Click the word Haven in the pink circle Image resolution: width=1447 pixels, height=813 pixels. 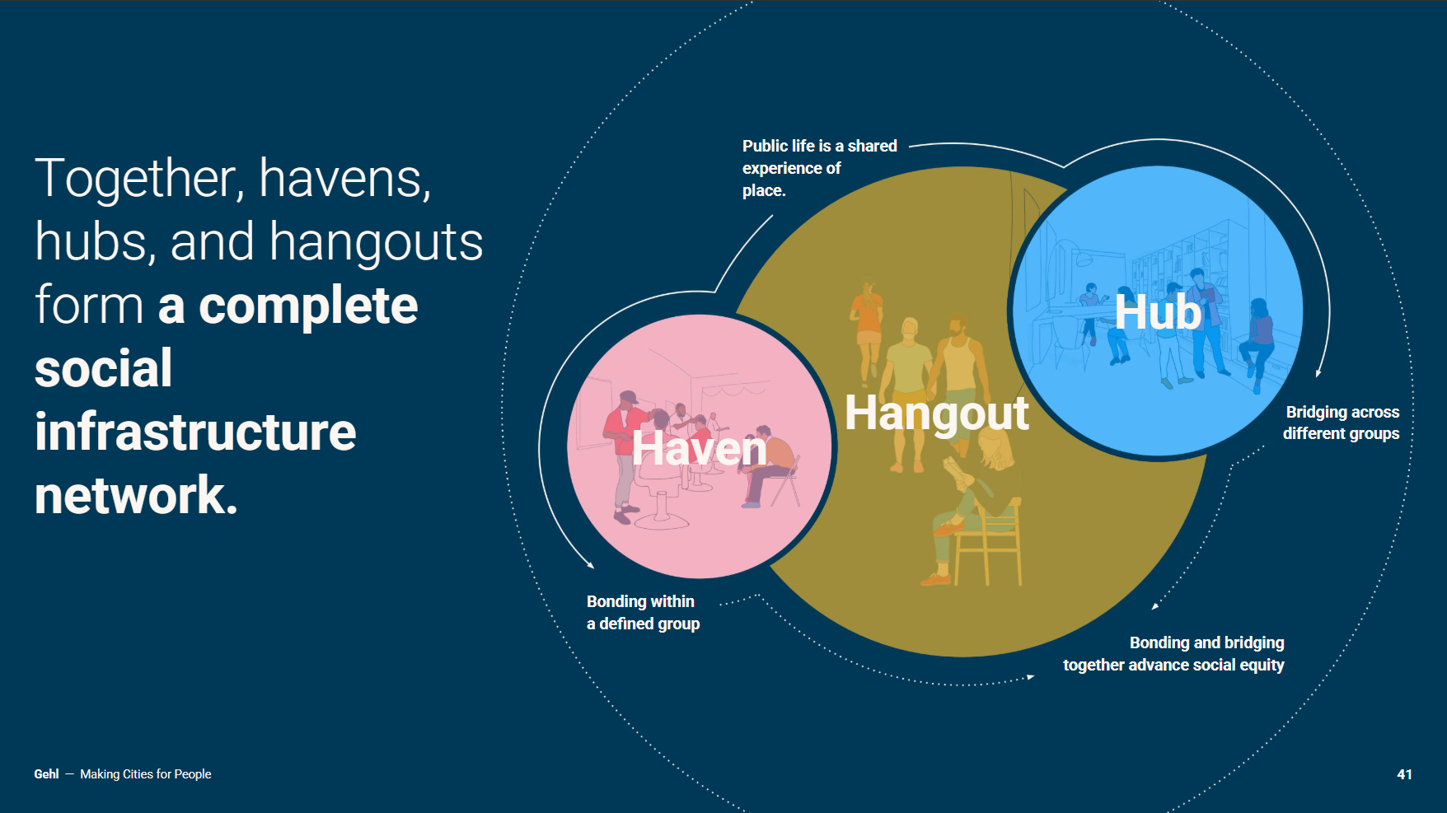click(699, 449)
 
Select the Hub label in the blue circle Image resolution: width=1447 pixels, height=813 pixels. click(1158, 312)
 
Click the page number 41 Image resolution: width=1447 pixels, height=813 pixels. click(1404, 774)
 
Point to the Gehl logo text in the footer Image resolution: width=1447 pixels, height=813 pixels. click(46, 774)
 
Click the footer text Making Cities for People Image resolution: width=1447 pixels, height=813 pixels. click(146, 774)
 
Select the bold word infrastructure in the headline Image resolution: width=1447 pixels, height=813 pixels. click(195, 432)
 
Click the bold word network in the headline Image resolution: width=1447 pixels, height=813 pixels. click(136, 495)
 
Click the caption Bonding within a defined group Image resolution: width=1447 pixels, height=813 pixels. click(643, 613)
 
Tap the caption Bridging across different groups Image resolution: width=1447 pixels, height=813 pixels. click(1342, 423)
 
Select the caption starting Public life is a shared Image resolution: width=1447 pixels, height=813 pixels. click(819, 168)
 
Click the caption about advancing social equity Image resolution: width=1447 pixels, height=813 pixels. click(1173, 654)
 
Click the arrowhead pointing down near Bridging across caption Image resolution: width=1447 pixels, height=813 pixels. click(1318, 373)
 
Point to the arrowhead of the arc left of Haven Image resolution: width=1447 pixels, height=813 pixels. click(589, 564)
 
